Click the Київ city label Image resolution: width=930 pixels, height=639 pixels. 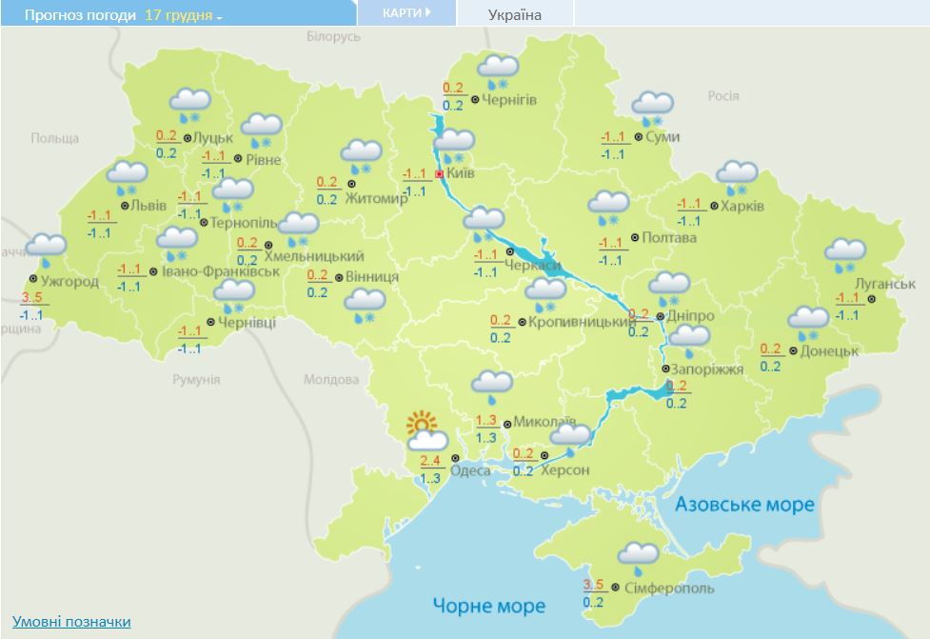[x=462, y=173]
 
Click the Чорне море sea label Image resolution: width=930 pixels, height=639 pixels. [x=488, y=606]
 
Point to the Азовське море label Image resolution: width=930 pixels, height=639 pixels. [x=744, y=504]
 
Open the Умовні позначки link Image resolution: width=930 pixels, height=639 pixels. [x=71, y=621]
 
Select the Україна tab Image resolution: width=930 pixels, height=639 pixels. [x=514, y=15]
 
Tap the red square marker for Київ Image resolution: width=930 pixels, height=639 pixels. [x=439, y=174]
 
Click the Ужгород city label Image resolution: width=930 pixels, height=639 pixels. [x=69, y=281]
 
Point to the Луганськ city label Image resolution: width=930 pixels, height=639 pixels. [x=884, y=284]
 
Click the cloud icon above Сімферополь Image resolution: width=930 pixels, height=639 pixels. [x=637, y=554]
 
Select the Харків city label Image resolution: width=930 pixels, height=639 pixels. [x=742, y=205]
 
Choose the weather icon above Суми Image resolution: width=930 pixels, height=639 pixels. [x=653, y=108]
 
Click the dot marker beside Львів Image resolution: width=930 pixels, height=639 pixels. [x=125, y=205]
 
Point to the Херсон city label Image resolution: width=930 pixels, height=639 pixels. [x=565, y=470]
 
